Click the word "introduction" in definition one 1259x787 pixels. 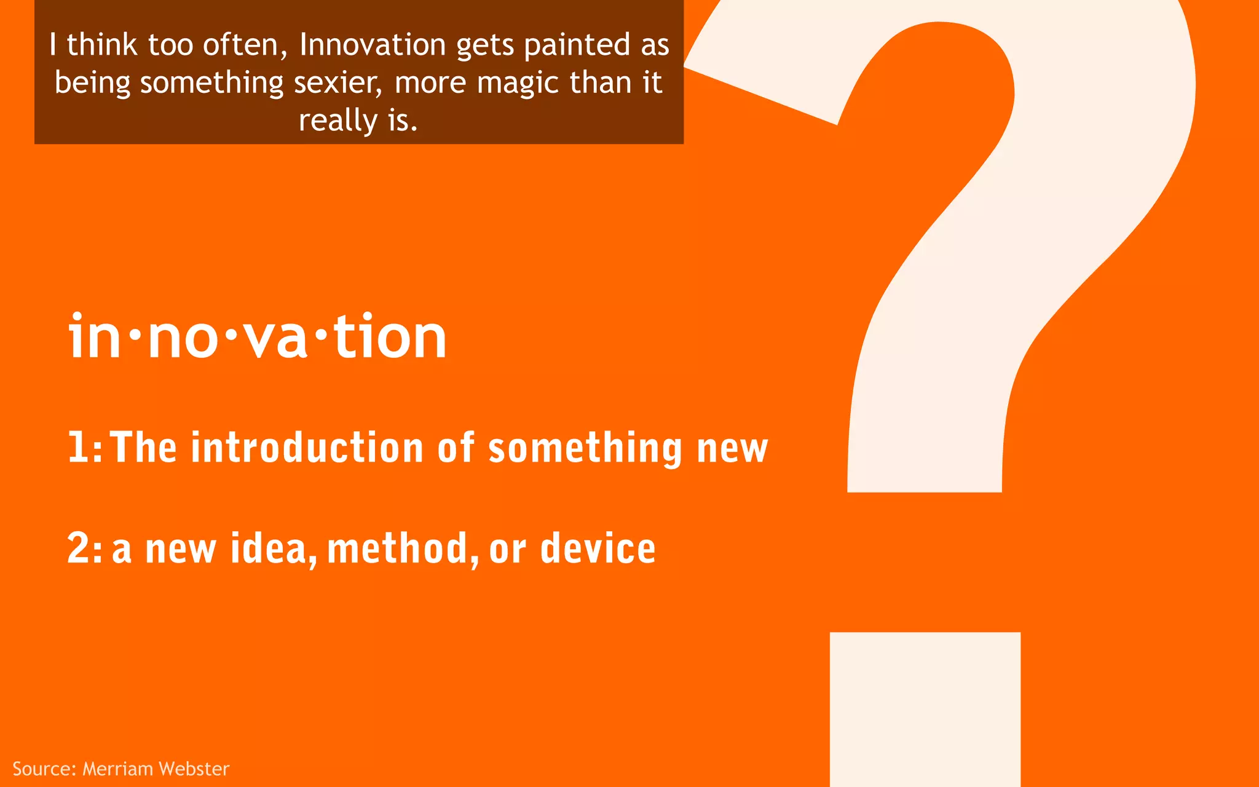click(307, 447)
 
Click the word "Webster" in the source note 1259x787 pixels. click(194, 769)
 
